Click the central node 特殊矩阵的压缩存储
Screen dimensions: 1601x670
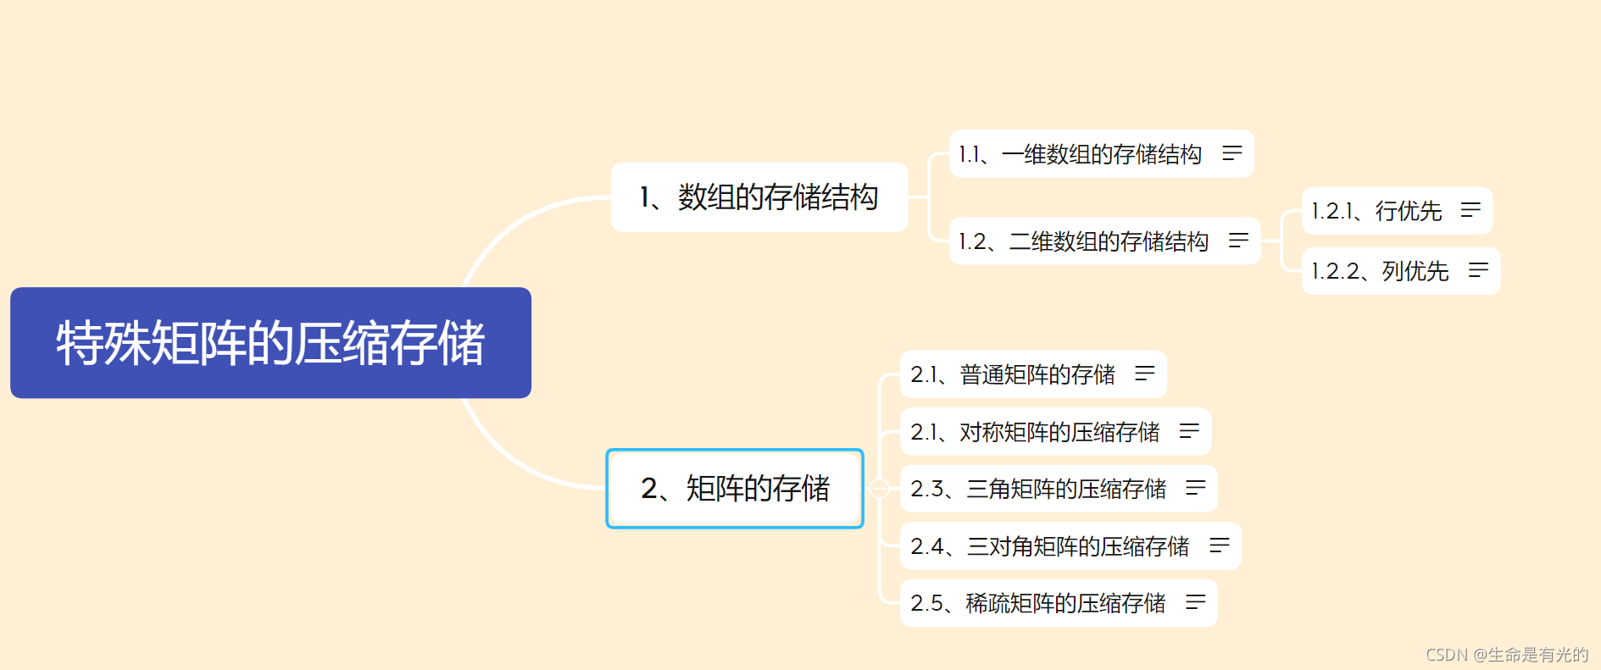(270, 343)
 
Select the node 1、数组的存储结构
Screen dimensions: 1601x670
(759, 197)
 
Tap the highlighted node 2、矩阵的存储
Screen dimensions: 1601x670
(735, 489)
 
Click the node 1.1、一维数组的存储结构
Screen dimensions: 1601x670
(1080, 154)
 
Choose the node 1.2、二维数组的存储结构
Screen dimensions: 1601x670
(1083, 241)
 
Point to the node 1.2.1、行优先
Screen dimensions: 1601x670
(1376, 211)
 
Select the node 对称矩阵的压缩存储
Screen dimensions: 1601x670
(1035, 432)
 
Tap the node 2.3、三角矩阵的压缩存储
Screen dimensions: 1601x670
(1038, 489)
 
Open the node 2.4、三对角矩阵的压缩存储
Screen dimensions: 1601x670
(1050, 546)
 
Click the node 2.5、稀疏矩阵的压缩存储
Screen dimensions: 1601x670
(1038, 603)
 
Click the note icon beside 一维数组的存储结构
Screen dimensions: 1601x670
(1231, 153)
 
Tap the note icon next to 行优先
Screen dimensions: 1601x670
(1470, 210)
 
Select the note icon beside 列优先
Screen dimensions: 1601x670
(1478, 270)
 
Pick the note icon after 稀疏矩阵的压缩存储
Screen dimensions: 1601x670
(1196, 602)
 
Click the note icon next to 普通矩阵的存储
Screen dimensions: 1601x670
(1145, 374)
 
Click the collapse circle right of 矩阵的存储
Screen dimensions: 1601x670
(880, 489)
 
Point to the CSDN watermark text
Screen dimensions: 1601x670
(1507, 655)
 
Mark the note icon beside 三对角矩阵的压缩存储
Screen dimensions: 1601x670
(1220, 545)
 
